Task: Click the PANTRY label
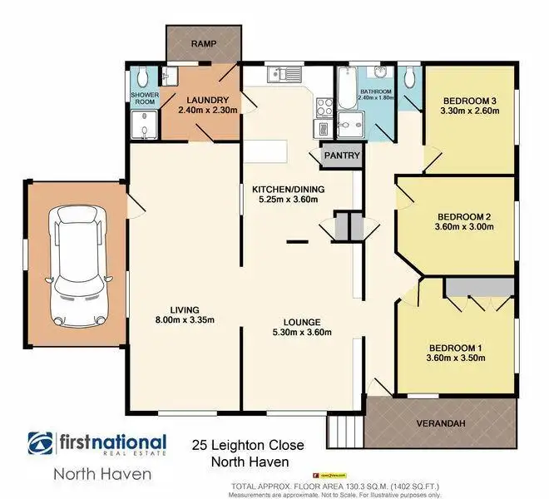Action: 342,156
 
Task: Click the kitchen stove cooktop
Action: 323,105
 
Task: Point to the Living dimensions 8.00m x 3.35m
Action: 184,319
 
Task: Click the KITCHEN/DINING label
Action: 288,189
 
